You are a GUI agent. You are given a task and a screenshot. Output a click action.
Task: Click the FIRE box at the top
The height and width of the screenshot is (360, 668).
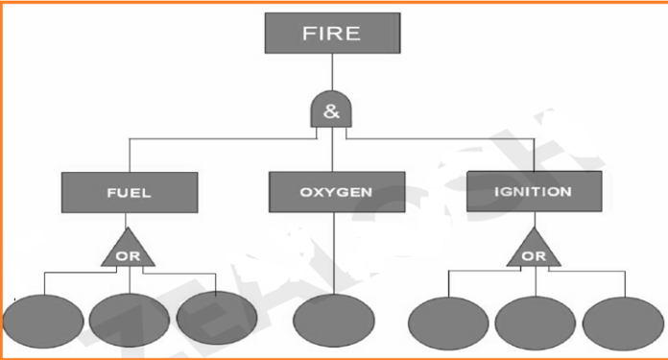pos(331,35)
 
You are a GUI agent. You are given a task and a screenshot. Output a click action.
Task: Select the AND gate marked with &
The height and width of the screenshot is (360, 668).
pos(331,111)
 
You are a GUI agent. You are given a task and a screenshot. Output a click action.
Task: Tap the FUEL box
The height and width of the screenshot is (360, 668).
pos(129,192)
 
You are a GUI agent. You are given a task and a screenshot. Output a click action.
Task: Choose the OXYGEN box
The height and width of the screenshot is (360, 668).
pos(333,192)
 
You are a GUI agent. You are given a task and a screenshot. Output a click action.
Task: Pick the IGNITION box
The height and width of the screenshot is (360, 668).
pos(534,191)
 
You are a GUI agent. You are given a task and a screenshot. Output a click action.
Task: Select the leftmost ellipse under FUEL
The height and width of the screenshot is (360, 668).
pos(42,321)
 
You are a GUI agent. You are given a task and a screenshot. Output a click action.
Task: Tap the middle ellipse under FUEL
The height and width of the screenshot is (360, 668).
pos(130,320)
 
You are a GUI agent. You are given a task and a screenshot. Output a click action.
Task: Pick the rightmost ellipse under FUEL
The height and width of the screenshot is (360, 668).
pos(216,318)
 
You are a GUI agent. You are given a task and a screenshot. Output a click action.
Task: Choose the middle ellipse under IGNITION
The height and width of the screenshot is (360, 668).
pos(535,324)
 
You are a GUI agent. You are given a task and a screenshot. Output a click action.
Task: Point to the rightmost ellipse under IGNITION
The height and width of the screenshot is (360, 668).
pos(621,324)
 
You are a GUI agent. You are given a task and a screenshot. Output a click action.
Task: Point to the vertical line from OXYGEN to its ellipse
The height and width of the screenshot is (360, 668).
pos(333,254)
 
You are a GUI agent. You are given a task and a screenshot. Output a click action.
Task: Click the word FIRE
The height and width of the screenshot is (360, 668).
pos(331,35)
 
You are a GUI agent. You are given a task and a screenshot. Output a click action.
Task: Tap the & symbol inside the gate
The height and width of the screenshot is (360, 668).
pos(331,111)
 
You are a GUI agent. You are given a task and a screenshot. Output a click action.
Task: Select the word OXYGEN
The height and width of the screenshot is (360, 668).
pos(333,192)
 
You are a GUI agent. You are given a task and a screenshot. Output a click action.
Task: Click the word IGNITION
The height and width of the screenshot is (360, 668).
pos(534,191)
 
